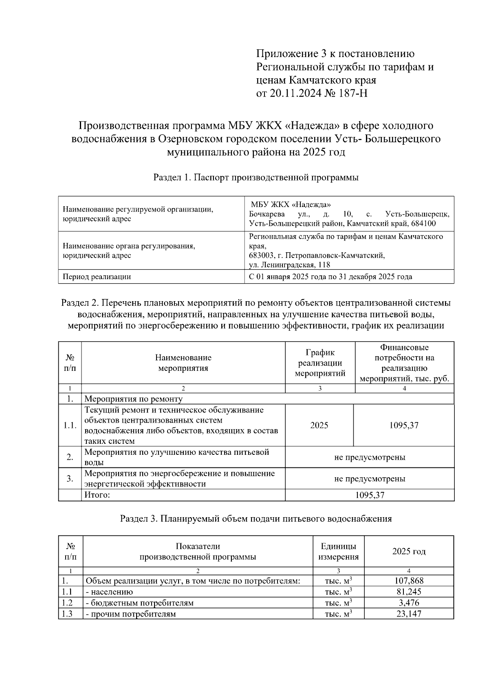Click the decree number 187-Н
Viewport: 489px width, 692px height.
pyautogui.click(x=352, y=93)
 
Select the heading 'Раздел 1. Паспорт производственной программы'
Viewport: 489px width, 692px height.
pyautogui.click(x=256, y=177)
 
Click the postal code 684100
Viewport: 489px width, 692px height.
pyautogui.click(x=423, y=224)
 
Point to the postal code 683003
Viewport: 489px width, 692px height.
pyautogui.click(x=262, y=256)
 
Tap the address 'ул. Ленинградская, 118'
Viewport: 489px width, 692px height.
pyautogui.click(x=290, y=265)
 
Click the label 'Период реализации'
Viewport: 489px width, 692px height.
pyautogui.click(x=97, y=277)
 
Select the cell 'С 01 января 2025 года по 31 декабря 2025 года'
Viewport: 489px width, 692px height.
pyautogui.click(x=330, y=277)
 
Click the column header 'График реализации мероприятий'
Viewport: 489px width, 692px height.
pyautogui.click(x=320, y=363)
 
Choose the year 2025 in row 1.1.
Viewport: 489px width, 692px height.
pyautogui.click(x=319, y=425)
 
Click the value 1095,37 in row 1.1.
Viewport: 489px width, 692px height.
pyautogui.click(x=404, y=425)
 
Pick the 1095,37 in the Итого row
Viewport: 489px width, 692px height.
pyautogui.click(x=370, y=495)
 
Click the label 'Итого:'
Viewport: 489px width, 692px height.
pyautogui.click(x=97, y=495)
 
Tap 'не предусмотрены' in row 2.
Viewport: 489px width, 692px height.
pyautogui.click(x=370, y=457)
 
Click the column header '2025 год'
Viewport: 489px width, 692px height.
pyautogui.click(x=409, y=551)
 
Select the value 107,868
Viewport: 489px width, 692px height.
pyautogui.click(x=409, y=581)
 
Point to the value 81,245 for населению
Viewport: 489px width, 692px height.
pyautogui.click(x=409, y=592)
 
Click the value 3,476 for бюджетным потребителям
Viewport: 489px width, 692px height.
pyautogui.click(x=409, y=603)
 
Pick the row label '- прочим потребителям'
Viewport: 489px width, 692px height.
pyautogui.click(x=130, y=614)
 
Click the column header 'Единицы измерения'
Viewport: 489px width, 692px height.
pyautogui.click(x=338, y=551)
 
